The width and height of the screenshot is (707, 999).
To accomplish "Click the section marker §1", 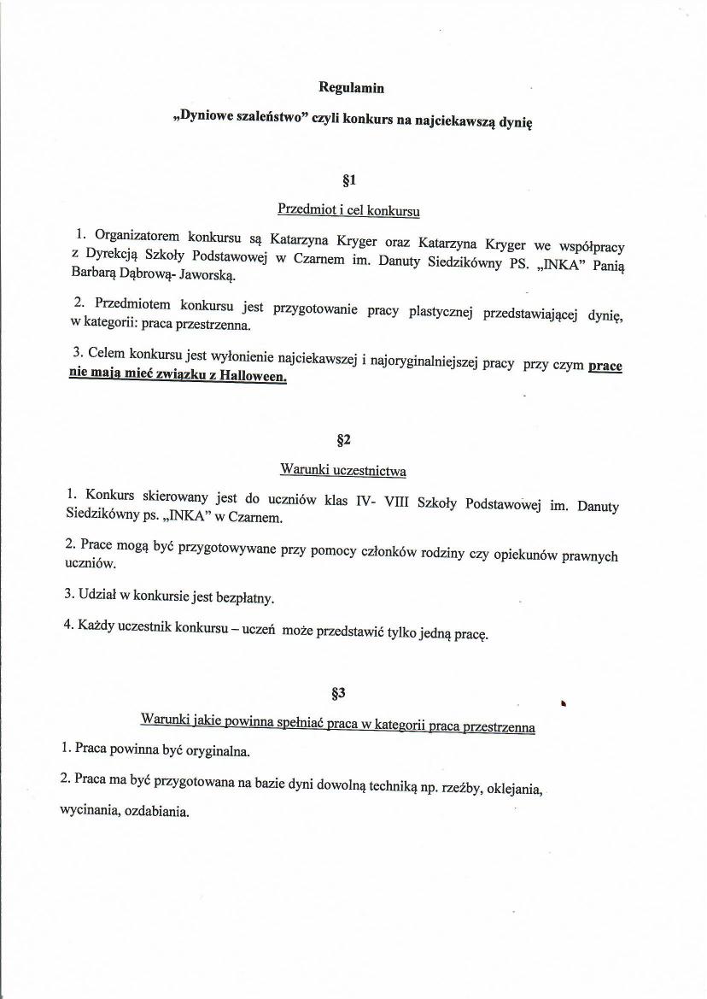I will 348,180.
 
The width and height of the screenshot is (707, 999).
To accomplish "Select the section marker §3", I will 337,692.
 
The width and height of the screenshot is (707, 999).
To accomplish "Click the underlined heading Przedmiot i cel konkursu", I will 348,209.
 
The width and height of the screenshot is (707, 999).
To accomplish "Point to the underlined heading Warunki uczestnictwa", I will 342,470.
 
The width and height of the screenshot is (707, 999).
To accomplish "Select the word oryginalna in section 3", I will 212,751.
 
